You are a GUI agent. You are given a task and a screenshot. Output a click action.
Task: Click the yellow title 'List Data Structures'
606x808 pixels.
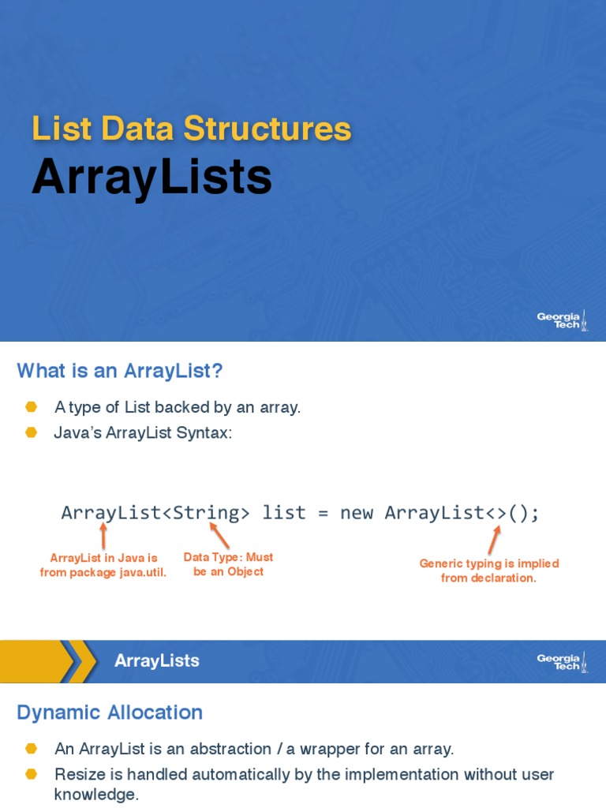pyautogui.click(x=191, y=129)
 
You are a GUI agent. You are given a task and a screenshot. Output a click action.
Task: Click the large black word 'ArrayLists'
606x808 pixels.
pyautogui.click(x=151, y=178)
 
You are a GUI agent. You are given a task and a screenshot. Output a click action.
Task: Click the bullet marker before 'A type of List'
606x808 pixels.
pyautogui.click(x=31, y=407)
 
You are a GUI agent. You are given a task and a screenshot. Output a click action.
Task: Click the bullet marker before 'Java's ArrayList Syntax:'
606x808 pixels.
pyautogui.click(x=31, y=432)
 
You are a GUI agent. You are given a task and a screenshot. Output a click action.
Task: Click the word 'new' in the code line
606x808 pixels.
pyautogui.click(x=357, y=513)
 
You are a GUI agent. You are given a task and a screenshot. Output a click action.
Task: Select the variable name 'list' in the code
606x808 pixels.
pyautogui.click(x=284, y=513)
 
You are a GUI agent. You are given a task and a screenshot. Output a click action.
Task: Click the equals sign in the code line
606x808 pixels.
pyautogui.click(x=323, y=513)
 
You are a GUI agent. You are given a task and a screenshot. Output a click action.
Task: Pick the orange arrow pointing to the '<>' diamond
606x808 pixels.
pyautogui.click(x=494, y=540)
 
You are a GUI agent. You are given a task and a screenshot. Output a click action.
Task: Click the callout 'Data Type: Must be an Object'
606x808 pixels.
pyautogui.click(x=228, y=564)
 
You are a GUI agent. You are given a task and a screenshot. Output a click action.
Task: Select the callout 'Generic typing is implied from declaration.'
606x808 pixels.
pyautogui.click(x=488, y=570)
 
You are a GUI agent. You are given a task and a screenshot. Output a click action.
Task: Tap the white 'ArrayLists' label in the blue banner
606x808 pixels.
pyautogui.click(x=156, y=661)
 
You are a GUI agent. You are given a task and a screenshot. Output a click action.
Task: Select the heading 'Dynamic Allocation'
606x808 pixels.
pyautogui.click(x=110, y=713)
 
